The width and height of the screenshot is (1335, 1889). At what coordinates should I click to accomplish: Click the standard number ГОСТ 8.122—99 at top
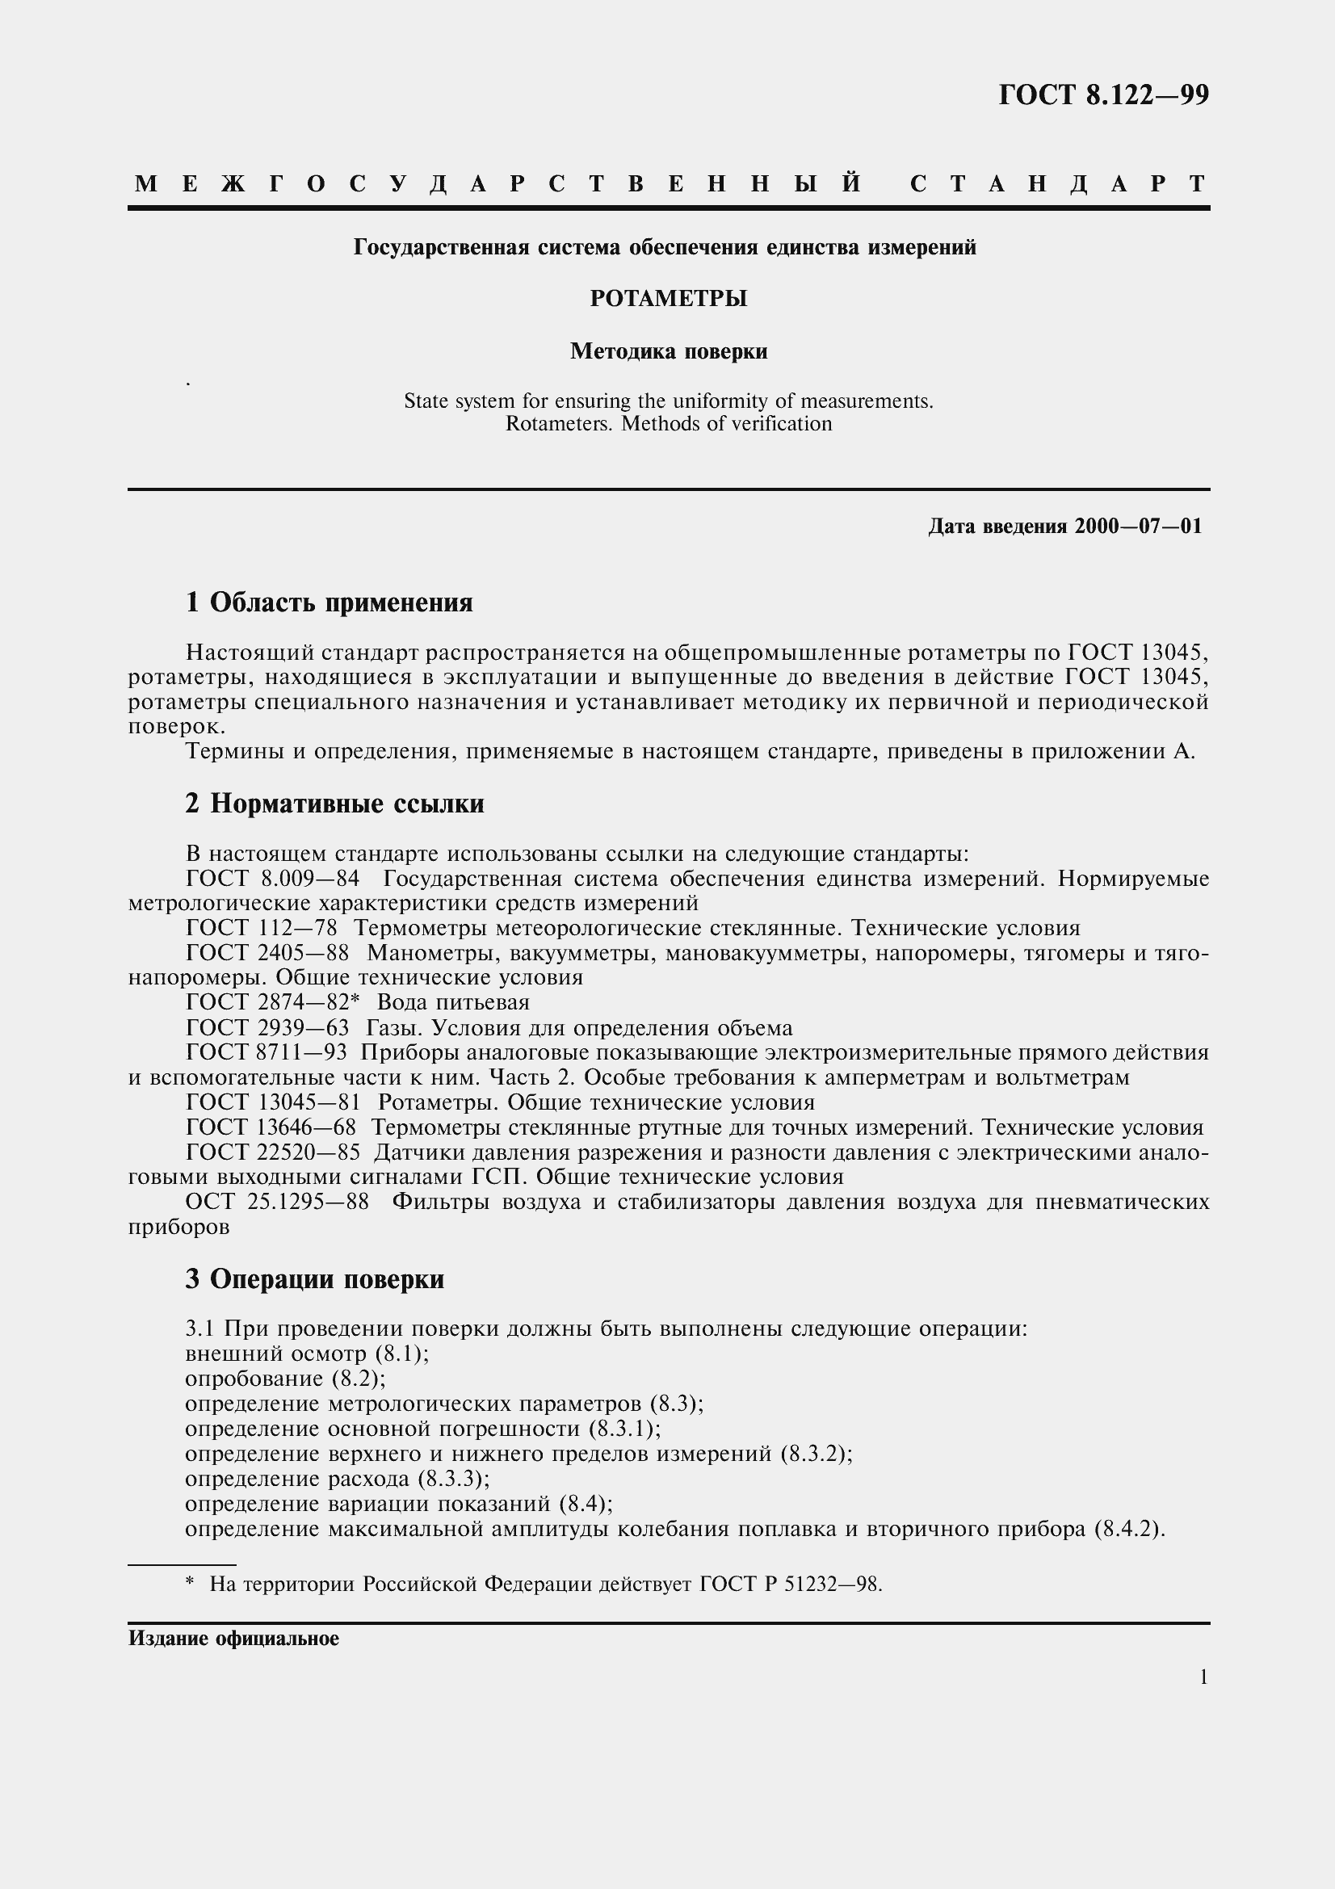point(1103,96)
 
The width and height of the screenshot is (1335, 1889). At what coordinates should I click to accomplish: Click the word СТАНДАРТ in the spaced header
point(1059,183)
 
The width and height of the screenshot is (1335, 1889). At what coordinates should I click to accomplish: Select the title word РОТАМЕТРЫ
point(668,299)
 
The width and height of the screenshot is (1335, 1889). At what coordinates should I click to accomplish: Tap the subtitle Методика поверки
point(668,352)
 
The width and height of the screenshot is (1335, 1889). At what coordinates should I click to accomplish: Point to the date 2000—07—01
point(1138,527)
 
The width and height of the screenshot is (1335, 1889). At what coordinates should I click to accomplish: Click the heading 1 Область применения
point(329,603)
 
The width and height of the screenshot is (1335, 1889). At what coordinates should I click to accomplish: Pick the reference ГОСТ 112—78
point(262,929)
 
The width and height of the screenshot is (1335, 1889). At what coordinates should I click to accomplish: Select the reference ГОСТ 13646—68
point(271,1128)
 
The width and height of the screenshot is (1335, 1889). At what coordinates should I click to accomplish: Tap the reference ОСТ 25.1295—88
point(276,1203)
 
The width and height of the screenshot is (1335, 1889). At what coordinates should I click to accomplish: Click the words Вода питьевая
point(453,1003)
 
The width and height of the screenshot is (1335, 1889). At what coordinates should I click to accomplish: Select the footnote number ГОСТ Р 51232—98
point(791,1585)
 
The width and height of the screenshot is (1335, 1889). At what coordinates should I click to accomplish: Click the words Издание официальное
point(233,1639)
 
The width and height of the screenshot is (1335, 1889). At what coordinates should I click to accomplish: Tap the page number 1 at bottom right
point(1204,1678)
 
